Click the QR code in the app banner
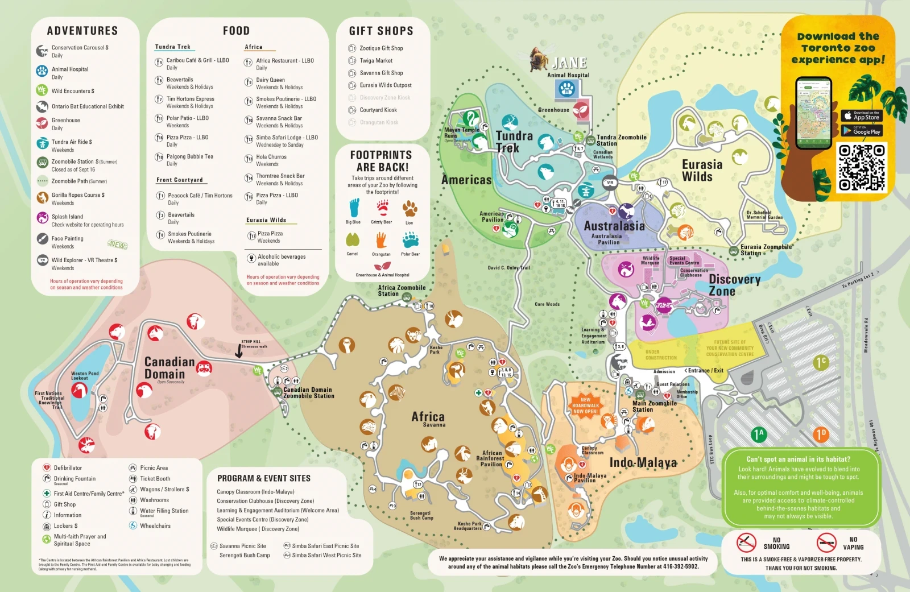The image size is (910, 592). click(x=862, y=167)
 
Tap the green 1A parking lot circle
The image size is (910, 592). click(x=758, y=434)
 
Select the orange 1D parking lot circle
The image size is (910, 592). click(x=820, y=434)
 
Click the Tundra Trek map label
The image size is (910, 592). click(x=514, y=142)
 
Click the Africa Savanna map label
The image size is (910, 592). click(x=428, y=418)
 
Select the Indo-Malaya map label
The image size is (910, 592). click(x=643, y=462)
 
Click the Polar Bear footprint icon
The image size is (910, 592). click(x=410, y=240)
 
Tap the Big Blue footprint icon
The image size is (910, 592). click(x=353, y=208)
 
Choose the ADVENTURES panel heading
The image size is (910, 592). click(x=82, y=31)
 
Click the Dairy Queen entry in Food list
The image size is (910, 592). click(x=270, y=80)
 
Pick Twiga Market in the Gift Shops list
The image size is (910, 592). click(x=375, y=61)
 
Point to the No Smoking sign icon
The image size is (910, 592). click(x=746, y=543)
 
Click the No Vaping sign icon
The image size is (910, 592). click(x=826, y=543)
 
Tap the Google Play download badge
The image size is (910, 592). click(x=862, y=131)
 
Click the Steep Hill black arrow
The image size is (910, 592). click(x=239, y=353)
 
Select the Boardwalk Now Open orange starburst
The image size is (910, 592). click(x=585, y=405)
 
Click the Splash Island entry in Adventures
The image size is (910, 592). click(x=67, y=217)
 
